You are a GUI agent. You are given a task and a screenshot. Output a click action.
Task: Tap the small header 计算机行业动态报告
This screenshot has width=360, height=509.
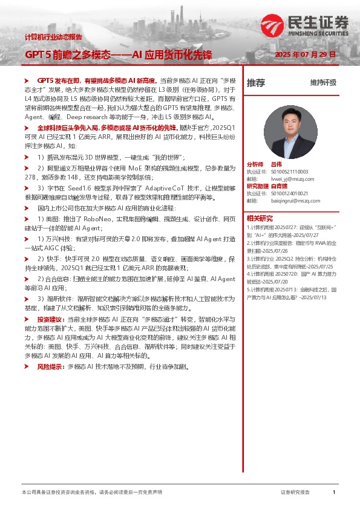tap(53, 37)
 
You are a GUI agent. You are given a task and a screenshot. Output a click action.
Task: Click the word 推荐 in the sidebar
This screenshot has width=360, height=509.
tap(256, 83)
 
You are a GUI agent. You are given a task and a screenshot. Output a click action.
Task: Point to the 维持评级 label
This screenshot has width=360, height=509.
tap(323, 83)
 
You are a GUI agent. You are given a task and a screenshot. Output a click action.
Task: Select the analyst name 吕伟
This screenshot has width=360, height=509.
tap(277, 164)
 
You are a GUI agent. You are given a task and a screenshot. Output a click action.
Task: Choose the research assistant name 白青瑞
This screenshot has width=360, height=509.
tap(279, 186)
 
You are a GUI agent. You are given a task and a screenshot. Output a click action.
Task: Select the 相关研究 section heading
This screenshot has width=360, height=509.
tap(260, 218)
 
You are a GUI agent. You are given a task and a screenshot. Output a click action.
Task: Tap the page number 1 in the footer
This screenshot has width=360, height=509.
tap(334, 493)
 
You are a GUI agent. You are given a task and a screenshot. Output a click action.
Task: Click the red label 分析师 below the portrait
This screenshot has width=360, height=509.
tap(255, 164)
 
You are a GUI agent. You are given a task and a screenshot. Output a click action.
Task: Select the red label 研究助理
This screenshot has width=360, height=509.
tap(258, 186)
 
